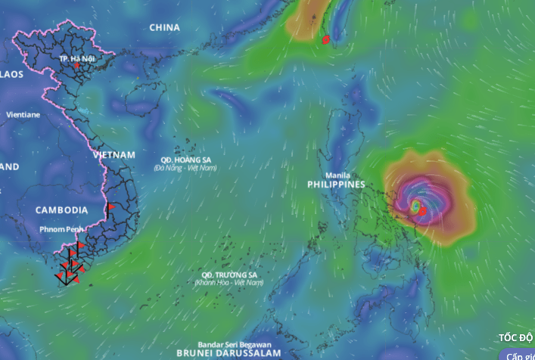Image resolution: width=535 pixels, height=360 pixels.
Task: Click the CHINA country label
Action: [x=164, y=28]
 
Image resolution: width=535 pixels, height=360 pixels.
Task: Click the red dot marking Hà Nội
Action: [x=77, y=66]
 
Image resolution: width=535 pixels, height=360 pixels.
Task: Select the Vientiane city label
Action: [x=23, y=115]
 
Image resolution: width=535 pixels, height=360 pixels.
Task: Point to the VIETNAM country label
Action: [x=114, y=154]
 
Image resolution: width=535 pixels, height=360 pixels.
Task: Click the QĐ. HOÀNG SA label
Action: [x=185, y=160]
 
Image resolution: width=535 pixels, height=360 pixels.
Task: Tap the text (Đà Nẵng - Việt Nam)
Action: [x=185, y=168]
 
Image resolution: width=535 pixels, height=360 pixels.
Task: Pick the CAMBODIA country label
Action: [x=61, y=209]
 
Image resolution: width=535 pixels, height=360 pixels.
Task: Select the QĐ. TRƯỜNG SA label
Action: [x=229, y=275]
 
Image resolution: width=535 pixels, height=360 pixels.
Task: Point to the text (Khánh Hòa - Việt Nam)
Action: [x=229, y=282]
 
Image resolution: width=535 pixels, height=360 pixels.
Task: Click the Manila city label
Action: [x=337, y=175]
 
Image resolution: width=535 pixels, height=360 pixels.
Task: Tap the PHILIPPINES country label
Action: [x=336, y=185]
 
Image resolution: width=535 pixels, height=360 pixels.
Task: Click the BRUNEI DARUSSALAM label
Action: [x=228, y=353]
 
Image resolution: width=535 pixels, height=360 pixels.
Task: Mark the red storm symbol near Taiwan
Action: [x=325, y=39]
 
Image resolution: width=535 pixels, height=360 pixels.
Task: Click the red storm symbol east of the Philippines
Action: [x=422, y=211]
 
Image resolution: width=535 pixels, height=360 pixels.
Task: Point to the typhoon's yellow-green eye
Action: [x=415, y=205]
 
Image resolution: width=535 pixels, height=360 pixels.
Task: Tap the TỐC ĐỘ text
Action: [x=516, y=338]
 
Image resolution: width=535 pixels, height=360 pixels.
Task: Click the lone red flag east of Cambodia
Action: [x=110, y=206]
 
